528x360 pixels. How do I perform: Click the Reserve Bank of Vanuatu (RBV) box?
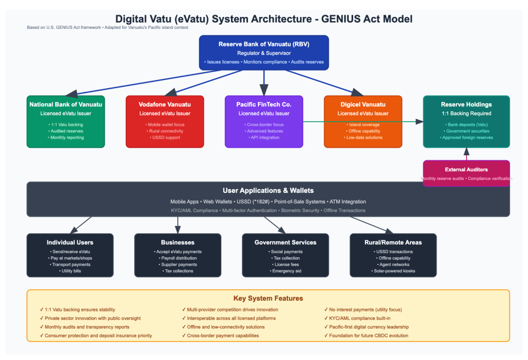(264, 52)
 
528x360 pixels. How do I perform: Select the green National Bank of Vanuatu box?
(65, 121)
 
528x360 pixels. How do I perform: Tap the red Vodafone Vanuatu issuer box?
(164, 121)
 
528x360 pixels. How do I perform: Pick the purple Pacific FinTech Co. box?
(263, 121)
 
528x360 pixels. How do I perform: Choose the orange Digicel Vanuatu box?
(362, 121)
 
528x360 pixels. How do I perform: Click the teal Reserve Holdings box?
(466, 121)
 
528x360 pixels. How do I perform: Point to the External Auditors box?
(466, 173)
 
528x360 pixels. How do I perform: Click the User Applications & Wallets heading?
(268, 191)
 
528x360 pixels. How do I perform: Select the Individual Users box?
(70, 255)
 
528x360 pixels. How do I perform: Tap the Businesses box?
(177, 255)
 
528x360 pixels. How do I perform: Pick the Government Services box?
(285, 255)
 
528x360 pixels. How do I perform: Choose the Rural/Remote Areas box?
(393, 255)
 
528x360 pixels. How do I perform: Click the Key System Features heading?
(268, 298)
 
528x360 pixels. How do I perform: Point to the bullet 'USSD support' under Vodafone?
(164, 138)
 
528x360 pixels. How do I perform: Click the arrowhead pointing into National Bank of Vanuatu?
(72, 93)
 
